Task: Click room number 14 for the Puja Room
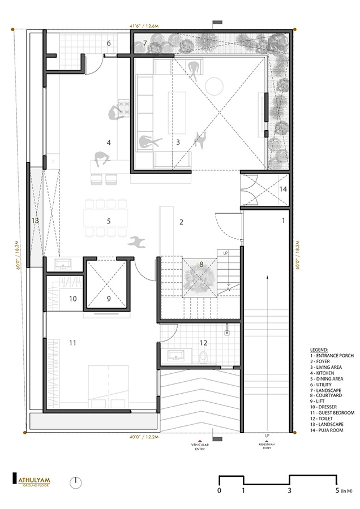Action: (284, 189)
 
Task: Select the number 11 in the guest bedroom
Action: (72, 343)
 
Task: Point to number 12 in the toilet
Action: (203, 342)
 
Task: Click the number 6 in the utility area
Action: (109, 43)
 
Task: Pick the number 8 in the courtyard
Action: (200, 264)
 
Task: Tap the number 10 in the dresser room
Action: (72, 299)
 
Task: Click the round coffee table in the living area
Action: (215, 85)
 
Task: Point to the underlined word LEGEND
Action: (320, 349)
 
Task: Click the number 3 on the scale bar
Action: (290, 490)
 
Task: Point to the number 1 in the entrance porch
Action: (284, 221)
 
